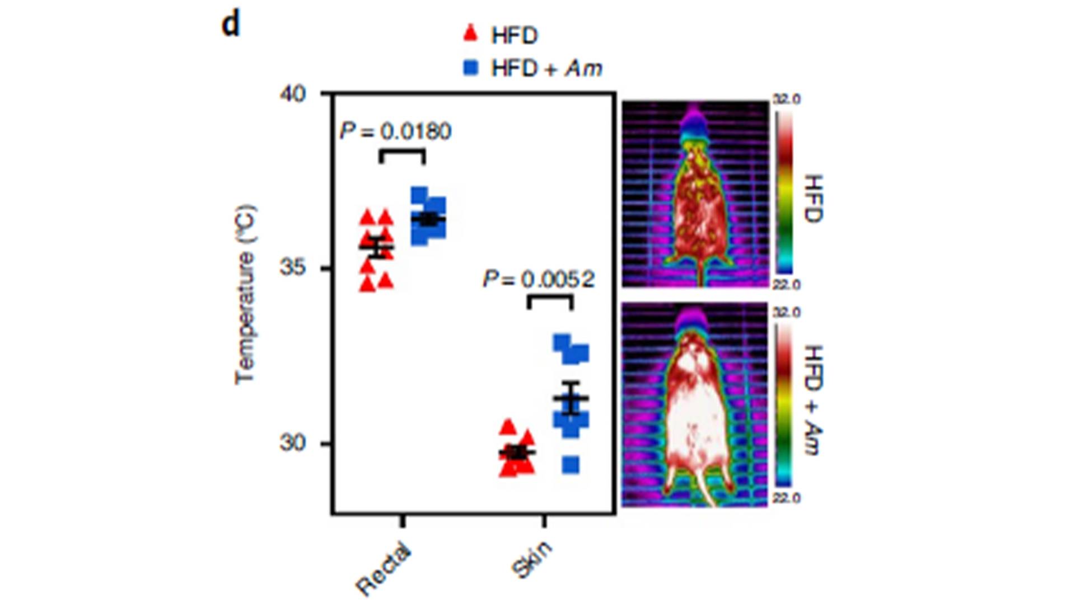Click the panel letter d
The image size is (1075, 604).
231,25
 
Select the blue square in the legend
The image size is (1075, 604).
471,68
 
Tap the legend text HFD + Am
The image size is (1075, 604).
546,68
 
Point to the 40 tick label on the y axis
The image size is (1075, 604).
293,93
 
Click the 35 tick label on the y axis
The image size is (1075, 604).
293,268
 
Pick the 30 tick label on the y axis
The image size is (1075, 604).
293,443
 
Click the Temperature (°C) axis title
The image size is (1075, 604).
245,295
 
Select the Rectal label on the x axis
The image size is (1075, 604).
384,568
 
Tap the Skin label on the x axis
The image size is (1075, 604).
532,559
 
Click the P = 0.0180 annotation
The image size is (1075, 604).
395,131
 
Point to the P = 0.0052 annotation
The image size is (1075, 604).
539,279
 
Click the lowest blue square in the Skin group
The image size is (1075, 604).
571,465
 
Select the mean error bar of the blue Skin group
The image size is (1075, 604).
571,398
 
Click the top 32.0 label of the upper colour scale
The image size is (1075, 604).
787,100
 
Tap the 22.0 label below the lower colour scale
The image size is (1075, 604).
787,498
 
